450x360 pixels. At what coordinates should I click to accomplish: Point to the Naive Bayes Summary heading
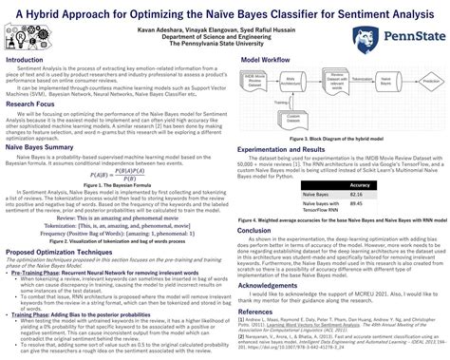(47, 147)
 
